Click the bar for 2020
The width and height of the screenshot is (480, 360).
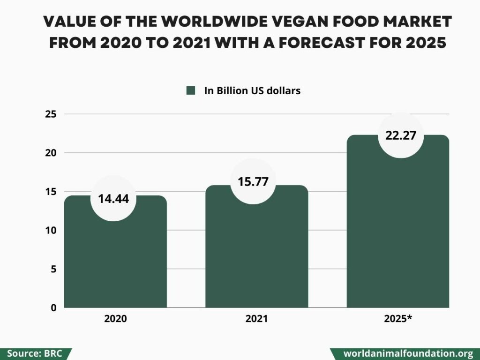coord(115,262)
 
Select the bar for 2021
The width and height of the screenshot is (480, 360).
coord(256,258)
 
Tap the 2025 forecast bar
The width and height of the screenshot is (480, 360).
coord(397,234)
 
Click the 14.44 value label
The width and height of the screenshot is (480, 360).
coord(113,198)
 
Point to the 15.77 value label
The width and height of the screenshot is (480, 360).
coord(253,181)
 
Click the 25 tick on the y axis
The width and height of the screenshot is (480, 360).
coord(51,114)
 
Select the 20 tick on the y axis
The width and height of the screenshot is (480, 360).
coord(51,153)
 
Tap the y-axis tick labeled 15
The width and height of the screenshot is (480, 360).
coord(51,192)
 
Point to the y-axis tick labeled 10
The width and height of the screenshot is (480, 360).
coord(51,230)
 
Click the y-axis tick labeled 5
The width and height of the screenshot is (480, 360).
coord(53,269)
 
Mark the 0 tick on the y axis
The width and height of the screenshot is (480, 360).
coord(53,308)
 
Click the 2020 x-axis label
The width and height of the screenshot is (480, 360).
coord(115,319)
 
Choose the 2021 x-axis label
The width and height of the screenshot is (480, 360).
coord(256,319)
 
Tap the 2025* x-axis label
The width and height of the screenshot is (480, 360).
coord(398,319)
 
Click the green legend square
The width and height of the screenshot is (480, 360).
coord(190,91)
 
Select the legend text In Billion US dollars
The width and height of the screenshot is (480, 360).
coord(252,91)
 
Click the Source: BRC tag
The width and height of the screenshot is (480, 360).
coord(34,353)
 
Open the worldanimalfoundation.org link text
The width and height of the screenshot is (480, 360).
coord(408,353)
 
